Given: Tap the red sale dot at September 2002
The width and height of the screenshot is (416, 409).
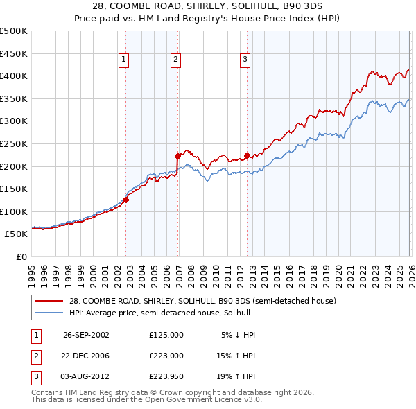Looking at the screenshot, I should (126, 200).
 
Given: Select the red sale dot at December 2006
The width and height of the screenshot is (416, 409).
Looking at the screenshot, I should (178, 156).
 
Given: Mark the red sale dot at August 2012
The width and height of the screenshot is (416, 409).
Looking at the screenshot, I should (247, 155).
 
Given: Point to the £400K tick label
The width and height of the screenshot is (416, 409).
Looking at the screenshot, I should (15, 76).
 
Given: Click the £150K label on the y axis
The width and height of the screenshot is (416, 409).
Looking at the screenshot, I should (15, 189).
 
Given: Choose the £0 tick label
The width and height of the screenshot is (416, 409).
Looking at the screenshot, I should (21, 256).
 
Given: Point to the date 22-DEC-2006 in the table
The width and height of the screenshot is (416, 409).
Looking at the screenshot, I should (86, 356).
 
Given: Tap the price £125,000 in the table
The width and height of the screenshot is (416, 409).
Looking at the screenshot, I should (166, 334).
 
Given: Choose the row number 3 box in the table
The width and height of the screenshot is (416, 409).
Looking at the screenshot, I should (35, 377).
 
